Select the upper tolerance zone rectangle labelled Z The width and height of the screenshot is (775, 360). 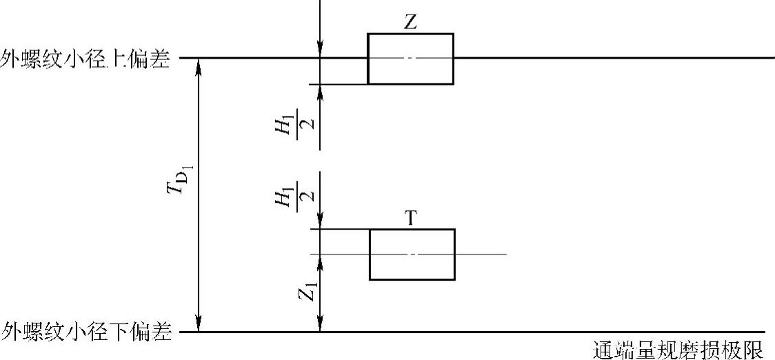410,59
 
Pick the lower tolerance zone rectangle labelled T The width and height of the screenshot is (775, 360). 412,254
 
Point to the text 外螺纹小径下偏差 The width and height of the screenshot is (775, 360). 85,332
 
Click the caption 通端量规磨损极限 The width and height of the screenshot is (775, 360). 678,350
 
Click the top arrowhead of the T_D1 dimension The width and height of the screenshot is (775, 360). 199,65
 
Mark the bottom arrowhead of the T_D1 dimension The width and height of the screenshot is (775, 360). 199,325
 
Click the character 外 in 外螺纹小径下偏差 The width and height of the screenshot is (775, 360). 10,332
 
